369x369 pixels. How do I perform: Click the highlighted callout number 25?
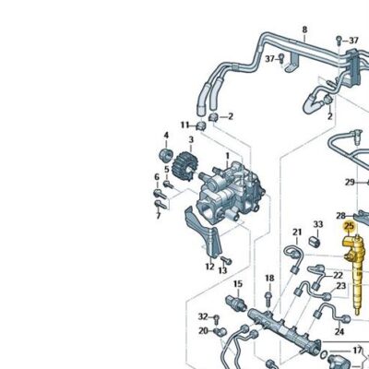tap(349, 227)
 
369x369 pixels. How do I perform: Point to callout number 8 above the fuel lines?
tap(304, 30)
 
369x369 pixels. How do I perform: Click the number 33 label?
tap(318, 224)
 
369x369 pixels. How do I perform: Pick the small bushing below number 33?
tap(315, 242)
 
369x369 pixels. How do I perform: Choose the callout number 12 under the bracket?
tap(209, 267)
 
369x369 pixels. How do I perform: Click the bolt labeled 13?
tap(227, 261)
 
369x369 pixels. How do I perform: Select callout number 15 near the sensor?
tap(238, 284)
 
